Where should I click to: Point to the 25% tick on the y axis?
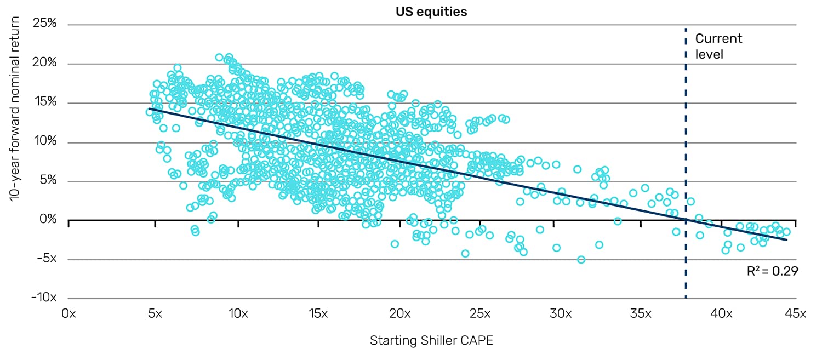point(45,25)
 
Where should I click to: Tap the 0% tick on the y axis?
point(48,220)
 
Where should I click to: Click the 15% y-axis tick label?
point(45,103)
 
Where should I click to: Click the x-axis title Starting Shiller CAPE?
point(432,340)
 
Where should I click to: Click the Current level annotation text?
point(718,46)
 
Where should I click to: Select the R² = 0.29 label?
point(774,270)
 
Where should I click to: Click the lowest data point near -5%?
point(581,259)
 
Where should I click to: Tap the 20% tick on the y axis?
point(45,64)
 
